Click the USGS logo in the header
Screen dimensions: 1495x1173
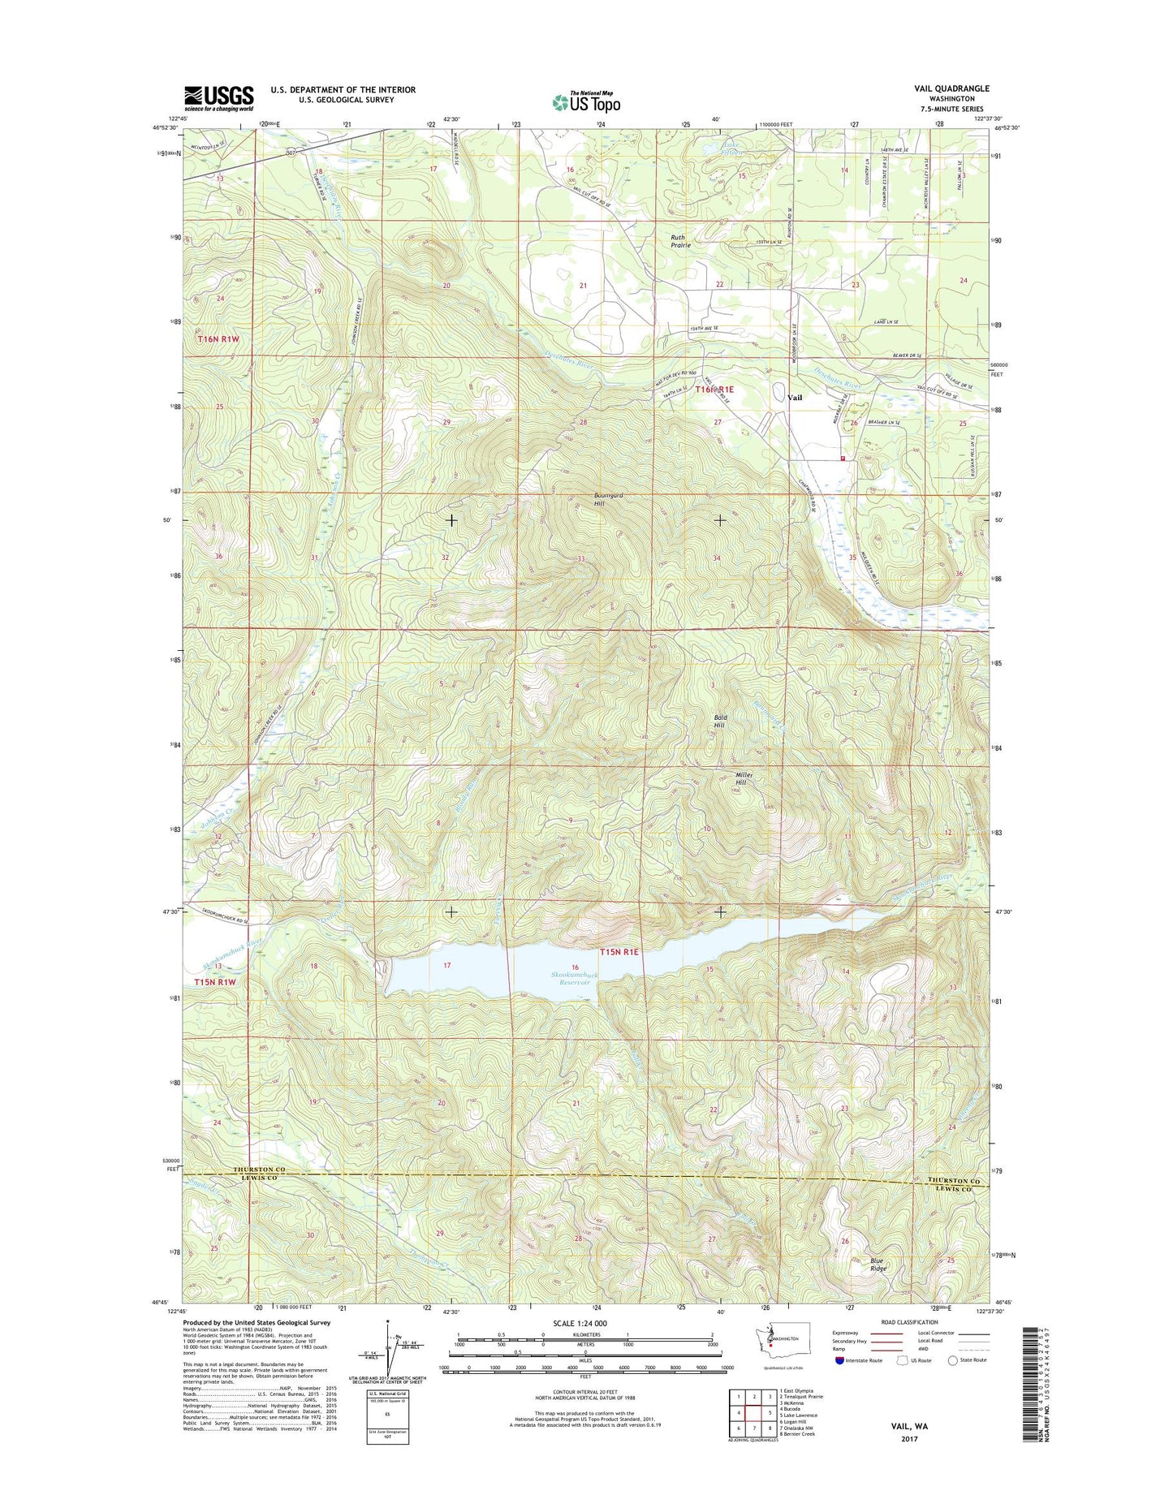pyautogui.click(x=218, y=97)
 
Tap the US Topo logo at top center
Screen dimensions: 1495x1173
pyautogui.click(x=586, y=101)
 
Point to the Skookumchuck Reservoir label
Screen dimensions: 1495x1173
pyautogui.click(x=576, y=978)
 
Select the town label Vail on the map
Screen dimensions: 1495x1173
pyautogui.click(x=795, y=398)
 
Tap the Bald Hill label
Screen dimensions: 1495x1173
pyautogui.click(x=720, y=722)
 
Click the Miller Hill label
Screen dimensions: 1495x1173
pyautogui.click(x=744, y=778)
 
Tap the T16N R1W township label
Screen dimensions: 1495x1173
pyautogui.click(x=218, y=340)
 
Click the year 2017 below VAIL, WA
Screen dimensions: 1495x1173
pyautogui.click(x=908, y=1462)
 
